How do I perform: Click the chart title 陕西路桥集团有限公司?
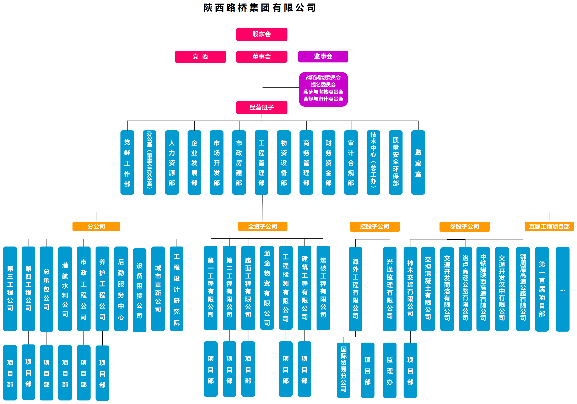click(x=260, y=8)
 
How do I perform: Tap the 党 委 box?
click(x=200, y=57)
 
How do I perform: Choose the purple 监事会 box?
click(x=323, y=56)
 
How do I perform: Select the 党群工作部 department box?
click(x=127, y=162)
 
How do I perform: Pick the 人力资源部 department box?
click(x=172, y=162)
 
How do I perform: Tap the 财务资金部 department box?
click(x=328, y=162)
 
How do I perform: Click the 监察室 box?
click(x=418, y=162)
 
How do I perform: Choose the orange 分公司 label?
click(x=96, y=226)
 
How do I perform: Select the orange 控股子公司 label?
click(x=374, y=226)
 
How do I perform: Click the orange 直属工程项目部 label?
click(x=549, y=226)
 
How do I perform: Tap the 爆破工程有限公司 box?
click(x=323, y=288)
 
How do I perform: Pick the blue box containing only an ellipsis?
click(x=562, y=289)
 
